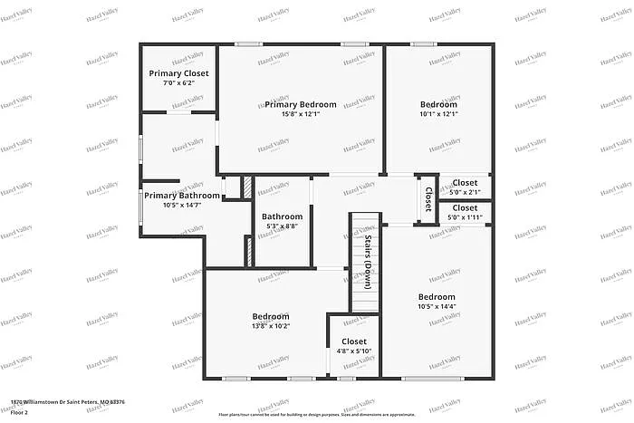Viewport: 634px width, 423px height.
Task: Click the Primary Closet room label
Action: [x=178, y=73]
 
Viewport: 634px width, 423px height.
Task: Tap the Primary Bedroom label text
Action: [x=301, y=104]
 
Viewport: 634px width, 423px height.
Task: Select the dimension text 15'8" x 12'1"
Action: [x=301, y=114]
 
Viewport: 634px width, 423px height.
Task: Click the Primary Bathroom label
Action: [x=181, y=196]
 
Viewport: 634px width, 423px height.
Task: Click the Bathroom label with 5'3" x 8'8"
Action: [x=283, y=216]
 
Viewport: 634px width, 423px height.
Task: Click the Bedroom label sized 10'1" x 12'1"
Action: [x=438, y=104]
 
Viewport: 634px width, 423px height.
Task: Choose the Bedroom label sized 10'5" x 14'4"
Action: [x=437, y=296]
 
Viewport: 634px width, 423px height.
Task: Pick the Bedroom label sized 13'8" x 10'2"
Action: [x=271, y=316]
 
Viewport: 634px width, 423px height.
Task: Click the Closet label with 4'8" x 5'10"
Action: [x=354, y=341]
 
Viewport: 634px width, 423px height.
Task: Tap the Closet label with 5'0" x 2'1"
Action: [x=465, y=183]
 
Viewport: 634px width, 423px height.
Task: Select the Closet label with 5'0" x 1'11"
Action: [x=465, y=207]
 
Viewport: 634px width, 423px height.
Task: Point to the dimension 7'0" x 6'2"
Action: [x=178, y=83]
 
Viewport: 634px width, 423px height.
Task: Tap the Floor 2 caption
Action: [x=20, y=412]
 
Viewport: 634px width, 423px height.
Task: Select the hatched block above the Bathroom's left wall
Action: [x=245, y=187]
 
